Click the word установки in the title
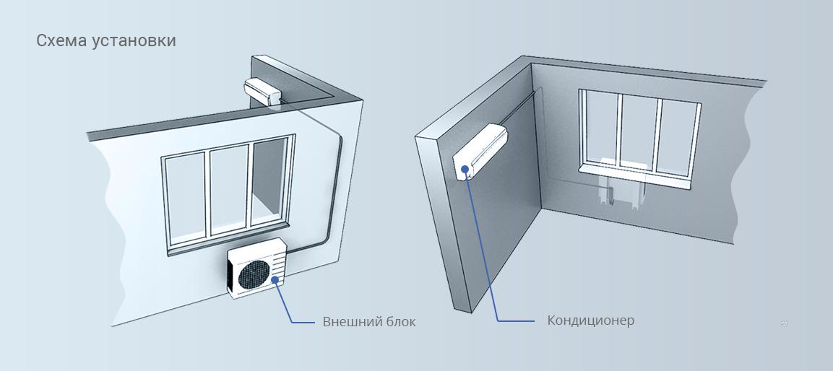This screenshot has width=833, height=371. [x=134, y=41]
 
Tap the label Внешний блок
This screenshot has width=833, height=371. [x=369, y=322]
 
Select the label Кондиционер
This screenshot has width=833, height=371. [x=591, y=320]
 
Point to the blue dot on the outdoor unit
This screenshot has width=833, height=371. [x=275, y=280]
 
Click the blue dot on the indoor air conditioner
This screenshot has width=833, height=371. [x=465, y=170]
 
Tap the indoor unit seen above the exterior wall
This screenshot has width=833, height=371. [x=262, y=91]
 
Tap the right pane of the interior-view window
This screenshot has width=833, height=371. [x=678, y=139]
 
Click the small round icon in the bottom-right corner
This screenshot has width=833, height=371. [x=785, y=324]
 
